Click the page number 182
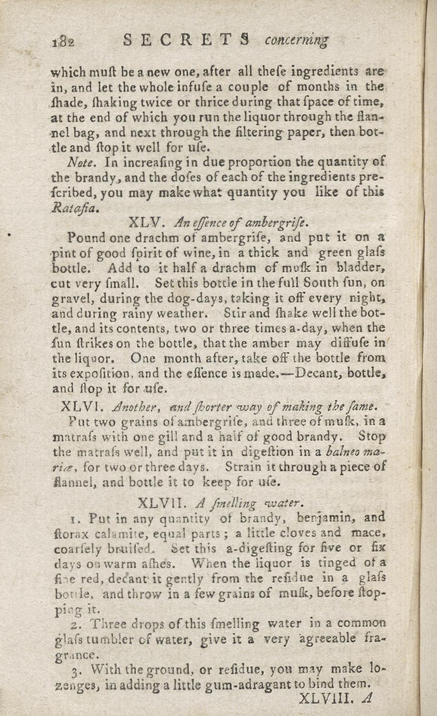coord(64,42)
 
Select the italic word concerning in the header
coord(297,41)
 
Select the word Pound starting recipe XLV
coord(85,238)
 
